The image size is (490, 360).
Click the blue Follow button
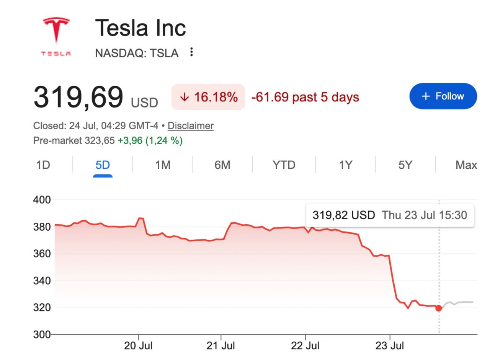443,96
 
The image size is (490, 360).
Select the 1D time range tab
43,165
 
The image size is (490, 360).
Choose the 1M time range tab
163,165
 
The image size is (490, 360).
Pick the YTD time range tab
284,165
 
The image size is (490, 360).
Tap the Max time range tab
466,165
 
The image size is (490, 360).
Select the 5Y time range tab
405,165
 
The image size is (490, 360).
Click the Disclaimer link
191,126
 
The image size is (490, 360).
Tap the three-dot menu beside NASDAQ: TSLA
191,52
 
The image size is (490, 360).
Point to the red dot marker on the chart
439,308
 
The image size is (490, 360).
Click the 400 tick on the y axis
42,200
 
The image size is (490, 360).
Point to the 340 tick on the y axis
42,281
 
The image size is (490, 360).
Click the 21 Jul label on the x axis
220,346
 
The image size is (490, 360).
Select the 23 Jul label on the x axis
390,346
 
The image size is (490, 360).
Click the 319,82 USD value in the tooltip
344,215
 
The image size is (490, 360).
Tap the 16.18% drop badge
208,97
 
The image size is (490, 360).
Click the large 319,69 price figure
78,97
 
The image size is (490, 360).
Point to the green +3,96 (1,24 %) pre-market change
150,140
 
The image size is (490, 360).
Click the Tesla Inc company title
140,28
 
